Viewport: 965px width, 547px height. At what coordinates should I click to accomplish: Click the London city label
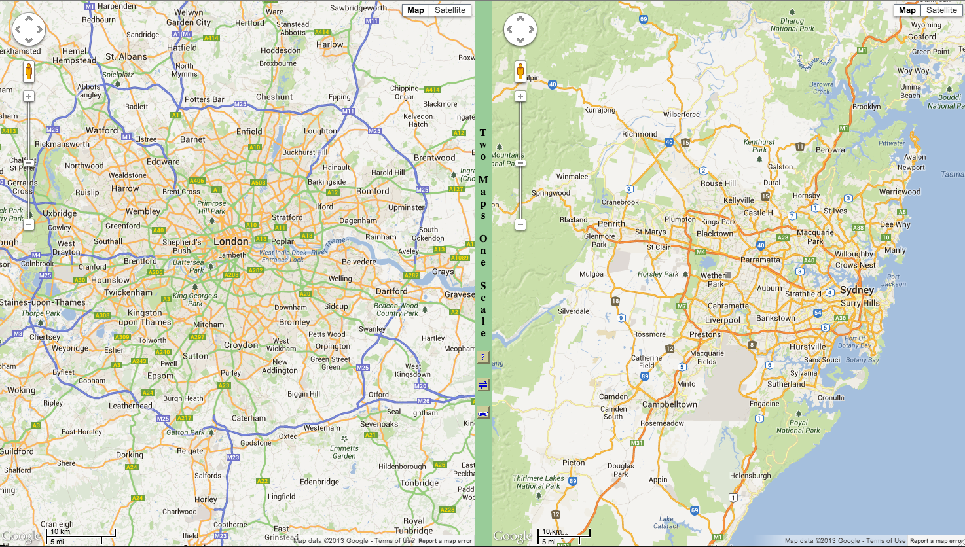tap(231, 241)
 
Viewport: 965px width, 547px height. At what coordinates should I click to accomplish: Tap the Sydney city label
tap(857, 290)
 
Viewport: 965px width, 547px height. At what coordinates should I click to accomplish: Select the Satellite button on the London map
tap(450, 10)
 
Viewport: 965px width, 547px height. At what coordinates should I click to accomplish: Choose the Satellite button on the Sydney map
tap(941, 10)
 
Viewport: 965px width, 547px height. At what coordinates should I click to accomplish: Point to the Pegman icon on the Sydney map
tap(520, 71)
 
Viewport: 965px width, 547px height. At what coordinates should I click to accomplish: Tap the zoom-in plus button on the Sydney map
tap(520, 96)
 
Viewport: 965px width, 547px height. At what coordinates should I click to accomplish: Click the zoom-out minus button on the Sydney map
tap(520, 224)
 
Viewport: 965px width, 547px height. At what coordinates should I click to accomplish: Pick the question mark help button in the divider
tap(483, 357)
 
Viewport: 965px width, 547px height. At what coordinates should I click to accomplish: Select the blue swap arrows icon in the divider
tap(483, 385)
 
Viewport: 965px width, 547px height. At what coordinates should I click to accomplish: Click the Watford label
tap(102, 130)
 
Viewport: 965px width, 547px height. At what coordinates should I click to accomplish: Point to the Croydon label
tap(241, 345)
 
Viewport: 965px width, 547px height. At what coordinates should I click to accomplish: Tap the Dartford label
tap(391, 291)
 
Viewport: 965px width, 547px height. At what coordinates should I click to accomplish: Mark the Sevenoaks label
tap(379, 424)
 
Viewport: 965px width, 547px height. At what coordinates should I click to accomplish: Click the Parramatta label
tap(760, 260)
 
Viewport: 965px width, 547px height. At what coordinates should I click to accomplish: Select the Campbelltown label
tap(670, 404)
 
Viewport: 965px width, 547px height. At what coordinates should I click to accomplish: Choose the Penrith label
tap(611, 223)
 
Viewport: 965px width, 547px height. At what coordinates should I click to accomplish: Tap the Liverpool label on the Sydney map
tap(723, 320)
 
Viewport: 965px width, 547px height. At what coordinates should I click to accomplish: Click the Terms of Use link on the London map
tap(394, 541)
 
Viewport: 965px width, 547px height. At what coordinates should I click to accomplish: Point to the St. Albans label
tap(126, 56)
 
